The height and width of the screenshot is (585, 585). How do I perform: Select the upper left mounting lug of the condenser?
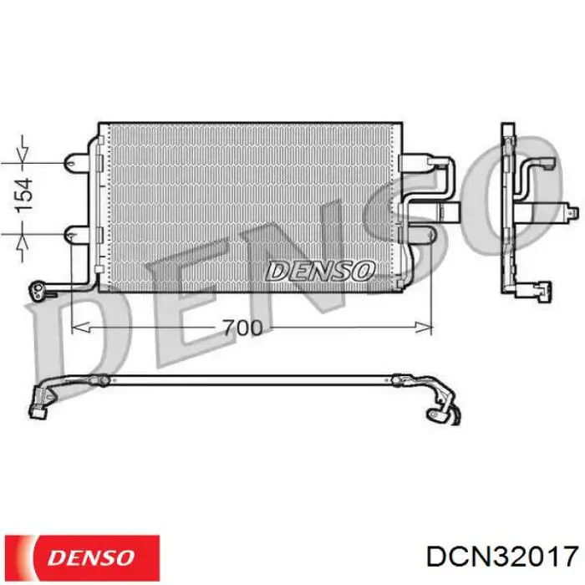tap(79, 158)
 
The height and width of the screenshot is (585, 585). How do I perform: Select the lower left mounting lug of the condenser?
tap(79, 236)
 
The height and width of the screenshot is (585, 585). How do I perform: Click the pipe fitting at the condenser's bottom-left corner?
tap(40, 290)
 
